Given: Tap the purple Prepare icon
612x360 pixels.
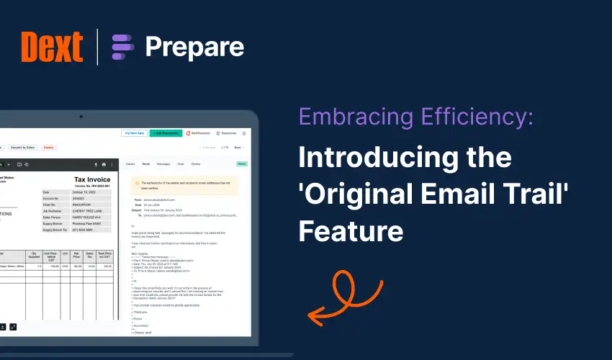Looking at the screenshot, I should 123,48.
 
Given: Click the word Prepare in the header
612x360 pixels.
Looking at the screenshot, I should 194,48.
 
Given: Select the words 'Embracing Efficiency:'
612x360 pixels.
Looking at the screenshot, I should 415,117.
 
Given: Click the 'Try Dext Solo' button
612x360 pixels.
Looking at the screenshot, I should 135,133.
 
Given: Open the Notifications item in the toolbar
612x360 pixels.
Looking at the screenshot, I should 199,133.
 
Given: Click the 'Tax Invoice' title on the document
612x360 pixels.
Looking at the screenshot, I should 93,180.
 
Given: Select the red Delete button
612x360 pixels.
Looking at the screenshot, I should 48,148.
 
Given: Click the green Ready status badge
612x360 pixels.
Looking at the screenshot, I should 242,164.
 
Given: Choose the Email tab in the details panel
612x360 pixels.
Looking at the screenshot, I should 146,164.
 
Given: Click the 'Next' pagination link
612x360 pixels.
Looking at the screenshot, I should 238,148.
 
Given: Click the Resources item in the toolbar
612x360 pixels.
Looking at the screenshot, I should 226,133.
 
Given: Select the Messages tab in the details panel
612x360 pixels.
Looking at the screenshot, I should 163,164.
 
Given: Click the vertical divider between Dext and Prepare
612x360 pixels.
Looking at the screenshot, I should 97,48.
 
